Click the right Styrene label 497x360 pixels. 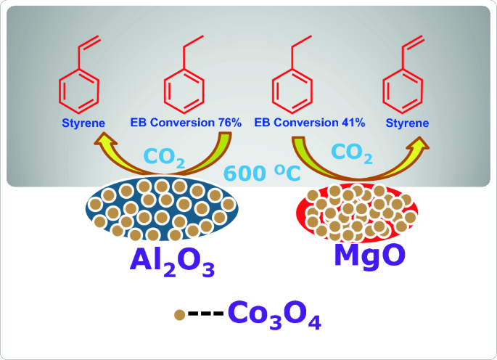(x=406, y=123)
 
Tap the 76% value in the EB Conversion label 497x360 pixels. (x=228, y=123)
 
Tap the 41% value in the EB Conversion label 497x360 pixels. (x=351, y=123)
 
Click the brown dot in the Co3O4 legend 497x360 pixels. (x=178, y=316)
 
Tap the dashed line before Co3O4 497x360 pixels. (x=205, y=316)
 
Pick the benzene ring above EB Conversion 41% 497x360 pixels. (x=292, y=91)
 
